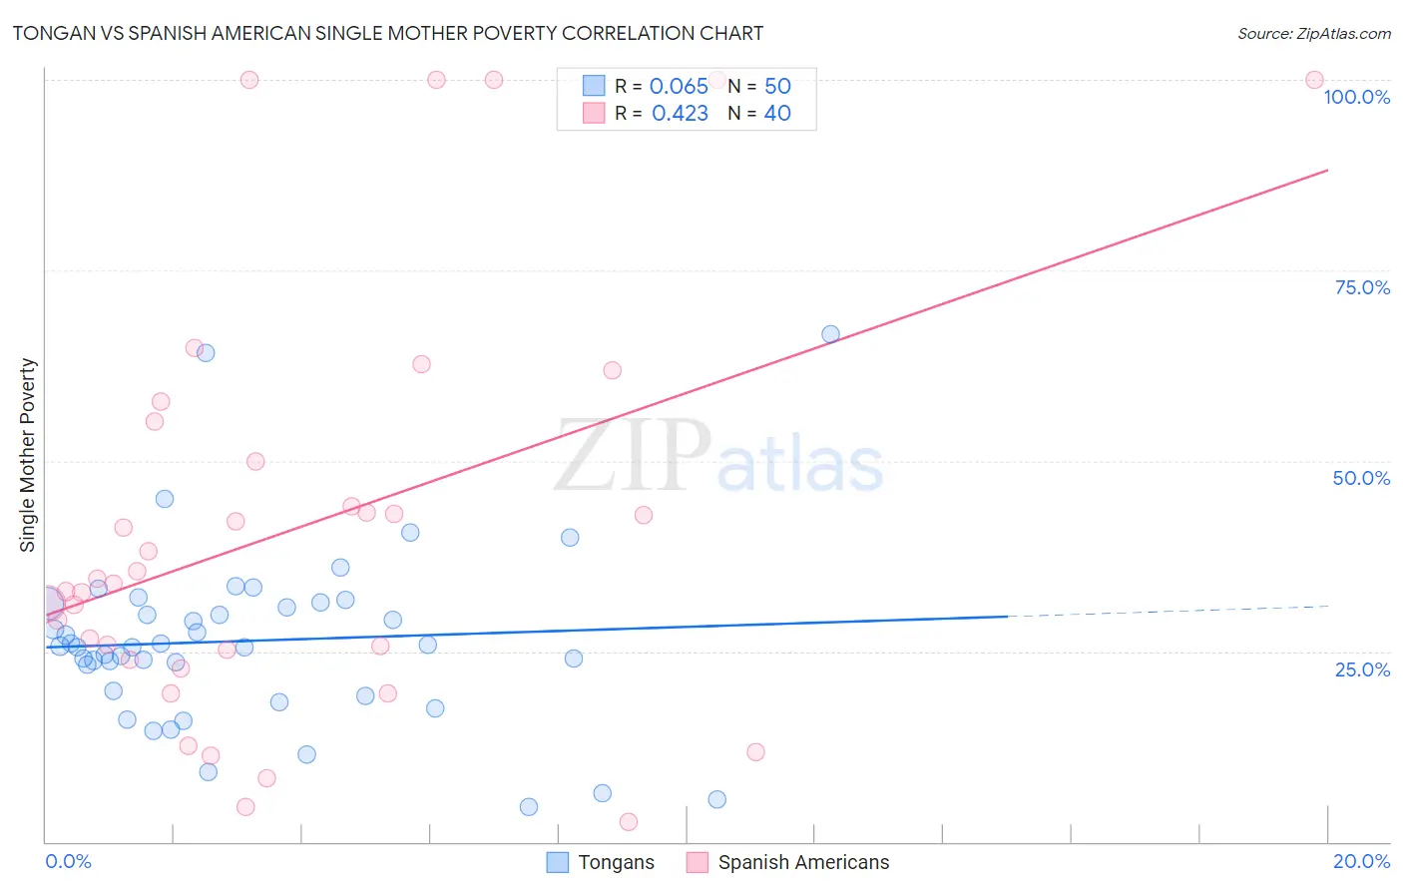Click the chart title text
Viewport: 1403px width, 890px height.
click(388, 33)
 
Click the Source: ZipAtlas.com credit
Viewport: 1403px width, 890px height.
click(1313, 33)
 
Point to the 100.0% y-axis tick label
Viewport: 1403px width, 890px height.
click(1356, 97)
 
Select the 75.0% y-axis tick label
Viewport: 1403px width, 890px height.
click(1362, 287)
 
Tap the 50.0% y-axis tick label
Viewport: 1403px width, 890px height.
click(1361, 478)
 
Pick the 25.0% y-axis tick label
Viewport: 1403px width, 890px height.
click(1362, 668)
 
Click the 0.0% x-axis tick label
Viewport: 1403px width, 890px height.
click(68, 861)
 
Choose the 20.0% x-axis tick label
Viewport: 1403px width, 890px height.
click(1361, 861)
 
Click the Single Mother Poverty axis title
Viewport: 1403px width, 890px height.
click(27, 455)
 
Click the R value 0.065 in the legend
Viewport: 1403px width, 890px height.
click(679, 86)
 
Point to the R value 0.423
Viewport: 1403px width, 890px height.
click(680, 114)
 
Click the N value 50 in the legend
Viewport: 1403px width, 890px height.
click(777, 86)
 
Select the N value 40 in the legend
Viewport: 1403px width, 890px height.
click(777, 114)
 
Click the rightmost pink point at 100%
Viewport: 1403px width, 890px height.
click(1314, 80)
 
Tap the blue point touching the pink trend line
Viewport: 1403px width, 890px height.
click(830, 334)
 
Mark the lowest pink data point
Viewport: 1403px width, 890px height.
click(629, 821)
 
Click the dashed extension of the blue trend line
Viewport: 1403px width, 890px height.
click(1168, 611)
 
